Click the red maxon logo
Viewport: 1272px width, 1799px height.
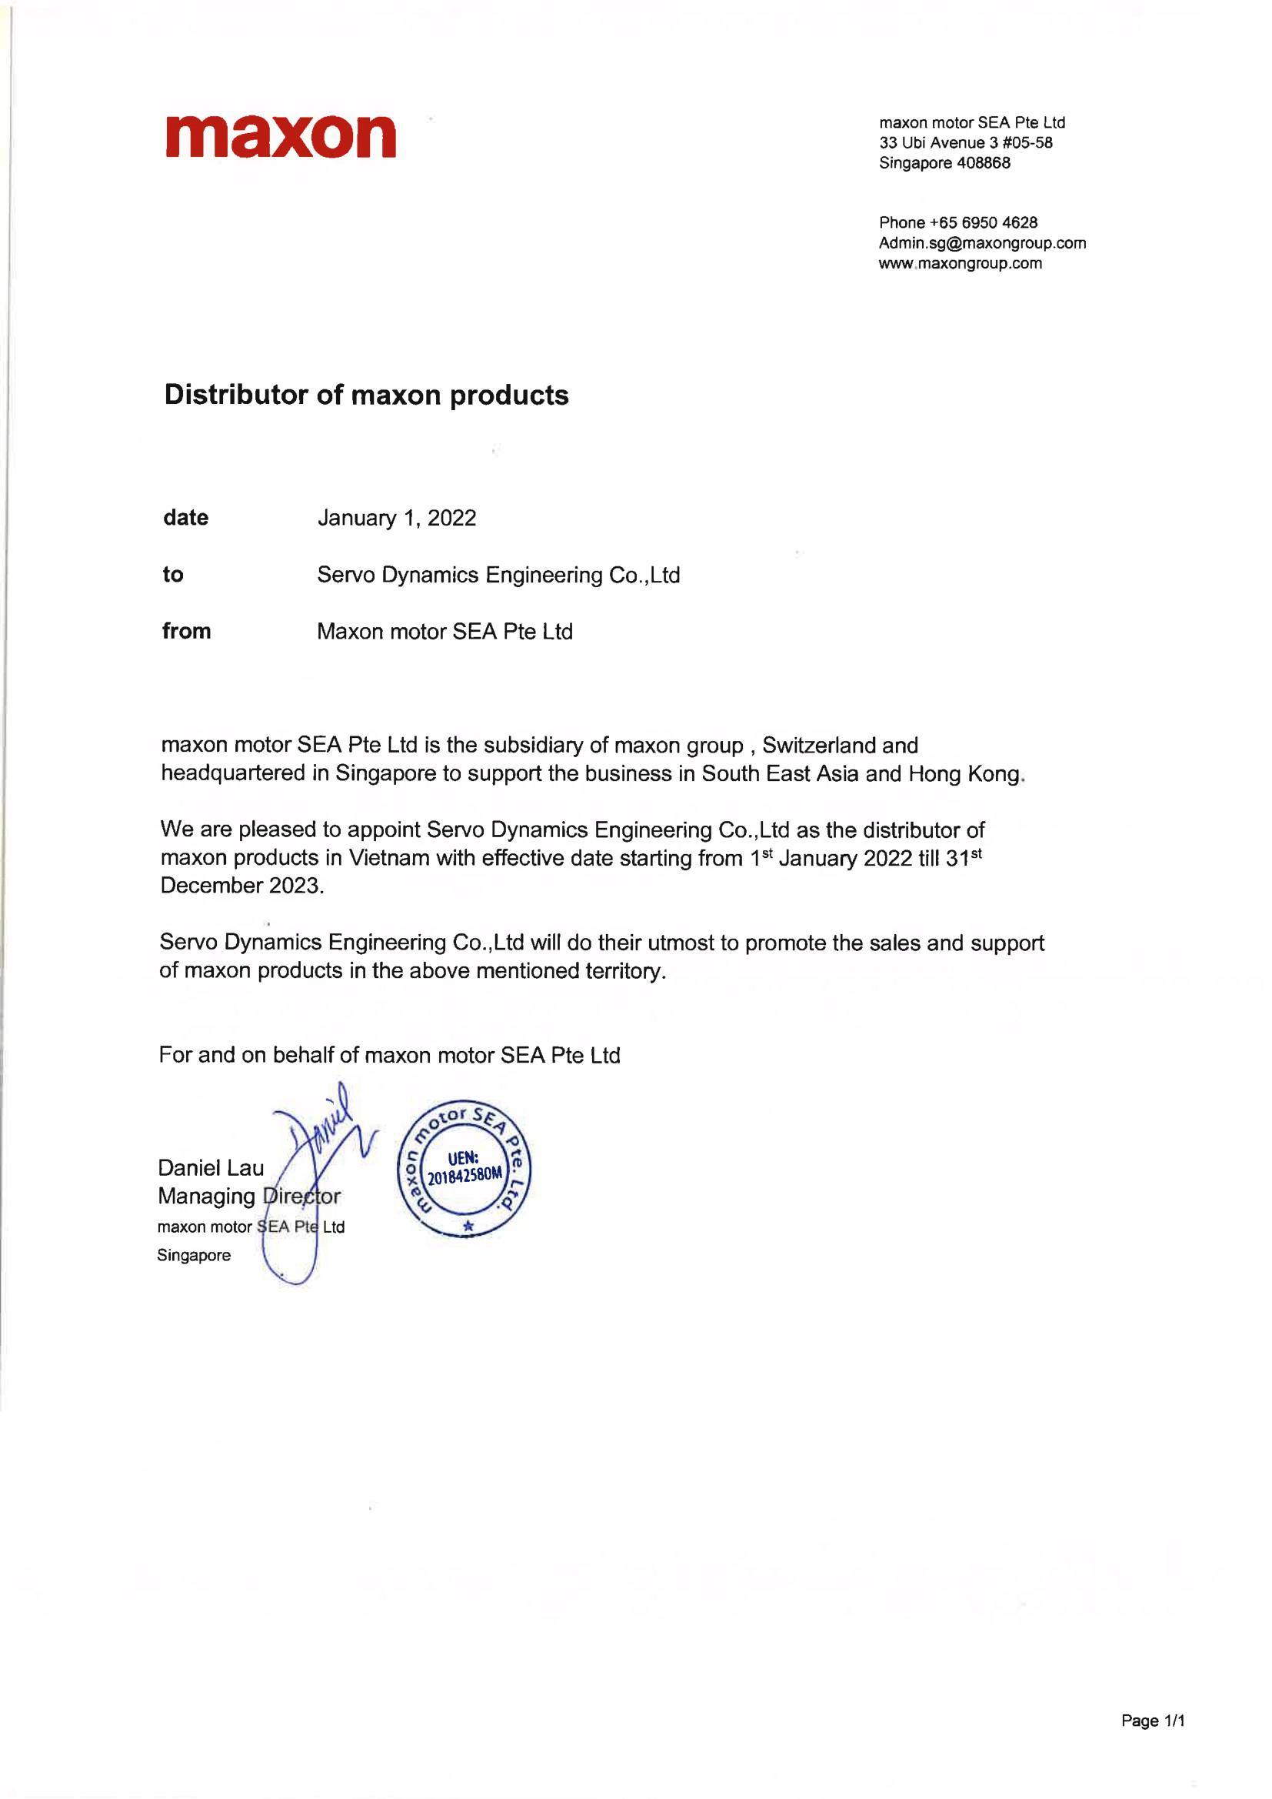pyautogui.click(x=281, y=136)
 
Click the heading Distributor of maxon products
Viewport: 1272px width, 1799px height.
pyautogui.click(x=367, y=395)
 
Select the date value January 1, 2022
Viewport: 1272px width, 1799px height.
pyautogui.click(x=396, y=518)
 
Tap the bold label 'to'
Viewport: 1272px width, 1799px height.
pyautogui.click(x=173, y=574)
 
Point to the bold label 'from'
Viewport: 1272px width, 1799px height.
pyautogui.click(x=186, y=631)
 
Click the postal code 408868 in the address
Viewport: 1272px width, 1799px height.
pyautogui.click(x=983, y=163)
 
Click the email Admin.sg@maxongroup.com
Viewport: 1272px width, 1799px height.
pyautogui.click(x=982, y=243)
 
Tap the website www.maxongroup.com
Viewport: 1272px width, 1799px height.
pyautogui.click(x=961, y=263)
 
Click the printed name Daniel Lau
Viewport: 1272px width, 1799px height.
pyautogui.click(x=211, y=1168)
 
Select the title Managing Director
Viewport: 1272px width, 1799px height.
pyautogui.click(x=249, y=1197)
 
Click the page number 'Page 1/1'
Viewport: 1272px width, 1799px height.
pyautogui.click(x=1152, y=1721)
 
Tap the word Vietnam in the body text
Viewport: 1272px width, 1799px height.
pyautogui.click(x=389, y=858)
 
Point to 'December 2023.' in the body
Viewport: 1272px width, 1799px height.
pyautogui.click(x=242, y=886)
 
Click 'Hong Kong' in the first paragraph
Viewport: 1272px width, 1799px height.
pyautogui.click(x=965, y=774)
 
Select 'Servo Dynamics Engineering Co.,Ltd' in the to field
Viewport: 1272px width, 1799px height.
pyautogui.click(x=498, y=575)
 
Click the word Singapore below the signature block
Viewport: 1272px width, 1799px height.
pyautogui.click(x=194, y=1255)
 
